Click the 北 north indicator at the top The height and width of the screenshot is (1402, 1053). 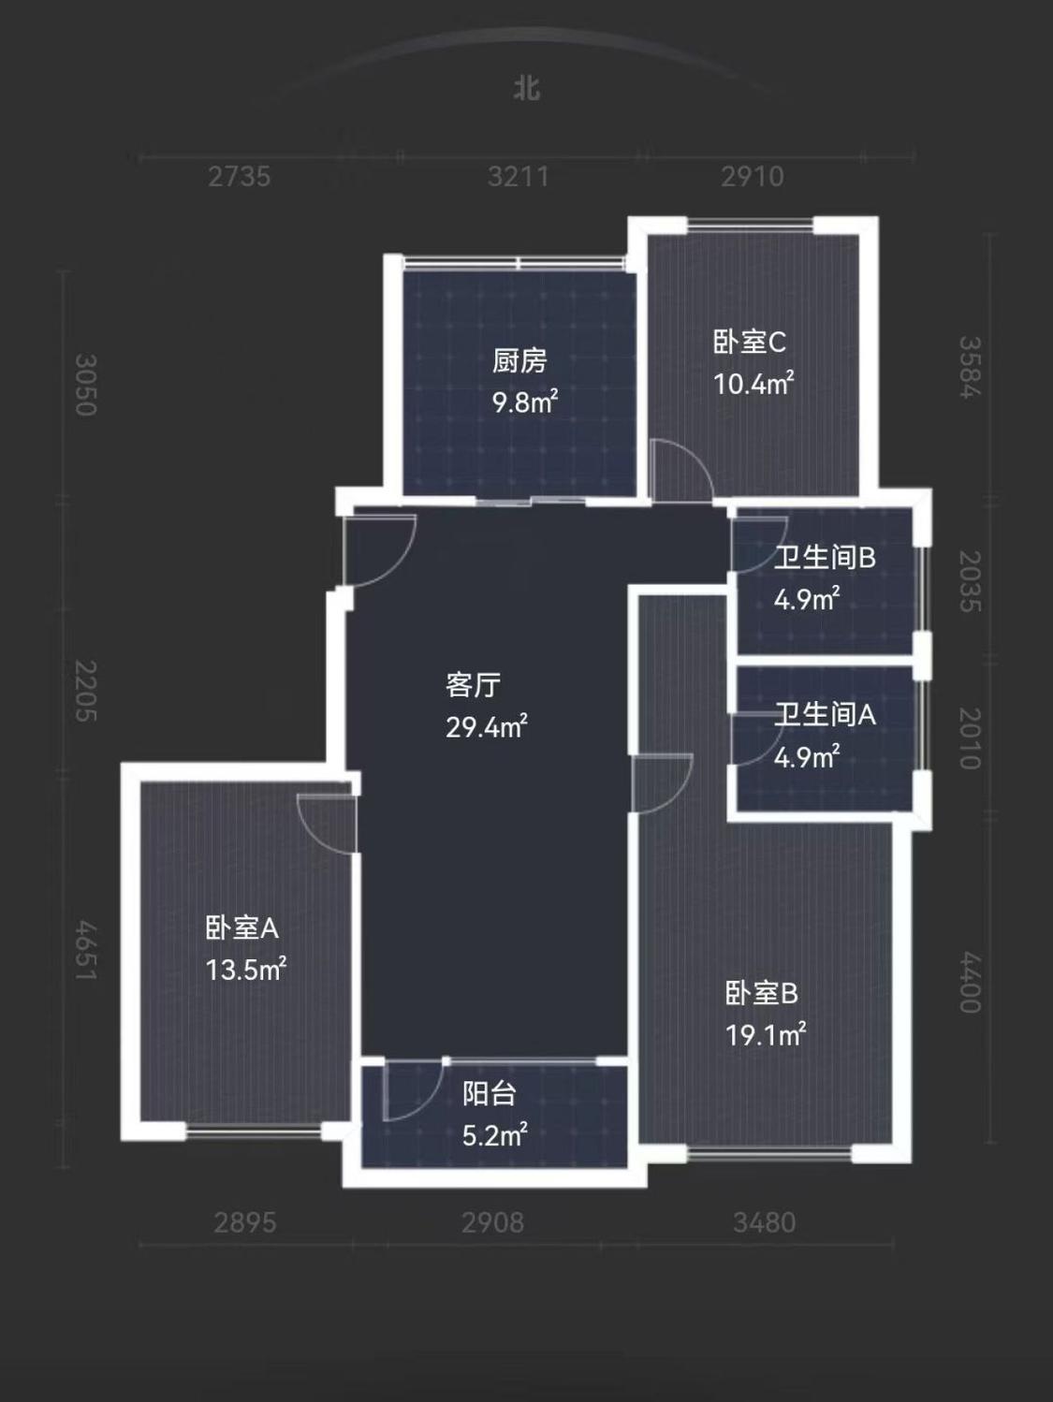527,88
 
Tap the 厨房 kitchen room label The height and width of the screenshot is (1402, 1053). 519,360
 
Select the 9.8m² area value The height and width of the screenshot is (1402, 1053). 525,402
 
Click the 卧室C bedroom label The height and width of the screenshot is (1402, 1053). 749,342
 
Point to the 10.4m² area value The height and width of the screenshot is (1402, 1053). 753,384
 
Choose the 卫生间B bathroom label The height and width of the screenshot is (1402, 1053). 824,558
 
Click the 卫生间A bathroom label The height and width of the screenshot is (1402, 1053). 824,715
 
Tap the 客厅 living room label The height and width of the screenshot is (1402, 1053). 473,685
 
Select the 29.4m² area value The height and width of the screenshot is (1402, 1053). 486,727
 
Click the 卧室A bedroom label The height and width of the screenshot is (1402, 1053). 241,928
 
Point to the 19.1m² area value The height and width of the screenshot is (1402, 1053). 765,1035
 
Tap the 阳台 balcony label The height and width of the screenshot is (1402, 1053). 489,1094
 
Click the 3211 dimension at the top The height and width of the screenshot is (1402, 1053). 518,176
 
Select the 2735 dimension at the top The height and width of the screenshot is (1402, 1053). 239,176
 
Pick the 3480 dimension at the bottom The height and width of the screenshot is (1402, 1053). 764,1222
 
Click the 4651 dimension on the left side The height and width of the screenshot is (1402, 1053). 86,951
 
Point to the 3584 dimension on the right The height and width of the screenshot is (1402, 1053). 970,367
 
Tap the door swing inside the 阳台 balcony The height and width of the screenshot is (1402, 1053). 412,1091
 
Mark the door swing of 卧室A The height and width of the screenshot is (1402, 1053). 328,822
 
